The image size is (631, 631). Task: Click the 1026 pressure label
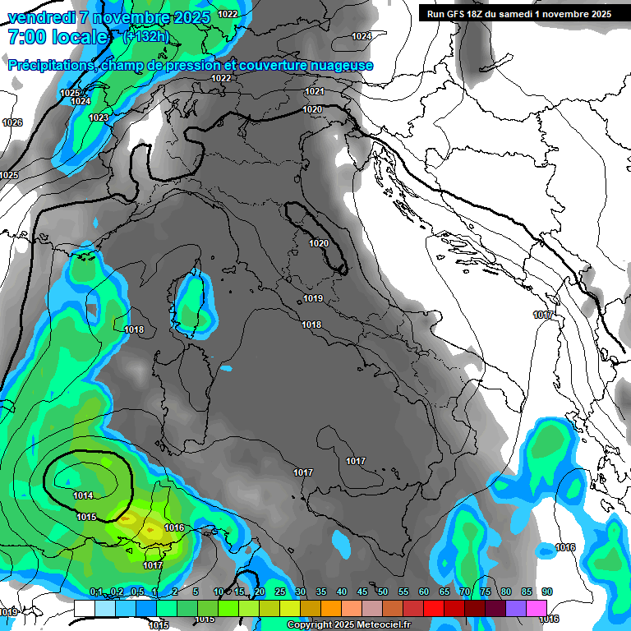point(12,122)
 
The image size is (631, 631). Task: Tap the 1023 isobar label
point(99,117)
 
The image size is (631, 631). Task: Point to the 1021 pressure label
point(314,91)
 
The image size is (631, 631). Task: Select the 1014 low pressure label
point(83,495)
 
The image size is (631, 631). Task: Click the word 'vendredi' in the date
point(36,17)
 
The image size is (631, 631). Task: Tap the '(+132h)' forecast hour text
point(145,36)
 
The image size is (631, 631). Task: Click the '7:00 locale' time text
point(58,37)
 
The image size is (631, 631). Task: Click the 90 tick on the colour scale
point(546,592)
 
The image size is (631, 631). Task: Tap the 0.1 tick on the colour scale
point(95,592)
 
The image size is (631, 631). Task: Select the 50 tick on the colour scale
point(383,592)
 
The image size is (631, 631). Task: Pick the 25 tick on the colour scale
point(280,592)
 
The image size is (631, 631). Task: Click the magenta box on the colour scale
point(537,608)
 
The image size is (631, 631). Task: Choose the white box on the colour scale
point(84,608)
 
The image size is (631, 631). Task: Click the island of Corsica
point(191,306)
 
